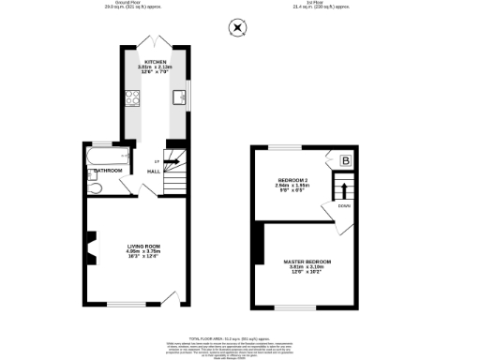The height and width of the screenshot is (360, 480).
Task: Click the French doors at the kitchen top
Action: tap(154, 44)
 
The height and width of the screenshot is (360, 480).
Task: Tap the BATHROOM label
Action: tap(106, 171)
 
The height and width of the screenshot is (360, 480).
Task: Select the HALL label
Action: tap(152, 171)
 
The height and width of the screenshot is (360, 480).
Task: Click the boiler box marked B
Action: tap(345, 161)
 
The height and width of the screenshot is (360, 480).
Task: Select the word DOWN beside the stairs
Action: tap(343, 204)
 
